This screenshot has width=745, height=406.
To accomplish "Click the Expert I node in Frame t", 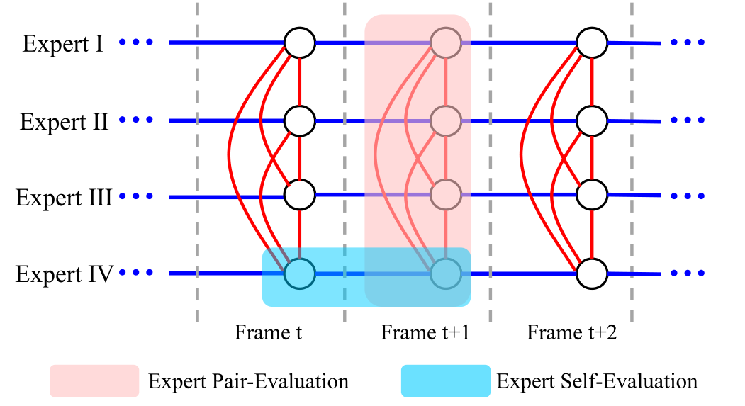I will coord(299,43).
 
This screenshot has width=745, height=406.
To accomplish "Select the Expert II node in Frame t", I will coord(299,120).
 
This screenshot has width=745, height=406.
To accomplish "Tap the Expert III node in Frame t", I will coord(299,194).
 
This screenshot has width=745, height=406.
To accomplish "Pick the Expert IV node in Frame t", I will coord(299,274).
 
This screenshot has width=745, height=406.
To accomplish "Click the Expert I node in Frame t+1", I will coord(445,43).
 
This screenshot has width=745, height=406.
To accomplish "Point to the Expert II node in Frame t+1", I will coord(445,120).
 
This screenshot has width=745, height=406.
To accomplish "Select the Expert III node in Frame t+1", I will coord(445,194).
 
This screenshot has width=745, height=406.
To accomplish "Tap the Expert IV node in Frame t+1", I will coord(445,274).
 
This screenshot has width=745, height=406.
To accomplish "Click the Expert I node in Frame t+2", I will coord(591,43).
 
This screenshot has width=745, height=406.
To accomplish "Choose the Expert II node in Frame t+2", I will coord(591,120).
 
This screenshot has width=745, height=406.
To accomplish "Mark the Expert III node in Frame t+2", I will coord(591,194).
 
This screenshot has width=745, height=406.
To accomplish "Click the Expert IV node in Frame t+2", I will coord(591,274).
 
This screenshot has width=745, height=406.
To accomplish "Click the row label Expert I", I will coord(63,44).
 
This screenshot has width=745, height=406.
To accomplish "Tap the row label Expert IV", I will coord(65,274).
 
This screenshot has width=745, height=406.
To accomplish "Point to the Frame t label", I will coord(269,332).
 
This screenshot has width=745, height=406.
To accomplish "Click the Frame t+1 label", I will coord(415,332).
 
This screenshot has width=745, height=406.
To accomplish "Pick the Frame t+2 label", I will coord(572,332).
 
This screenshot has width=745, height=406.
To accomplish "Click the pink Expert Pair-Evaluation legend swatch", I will coord(94,381).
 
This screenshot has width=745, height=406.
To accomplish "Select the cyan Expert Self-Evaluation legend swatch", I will coord(445,381).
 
